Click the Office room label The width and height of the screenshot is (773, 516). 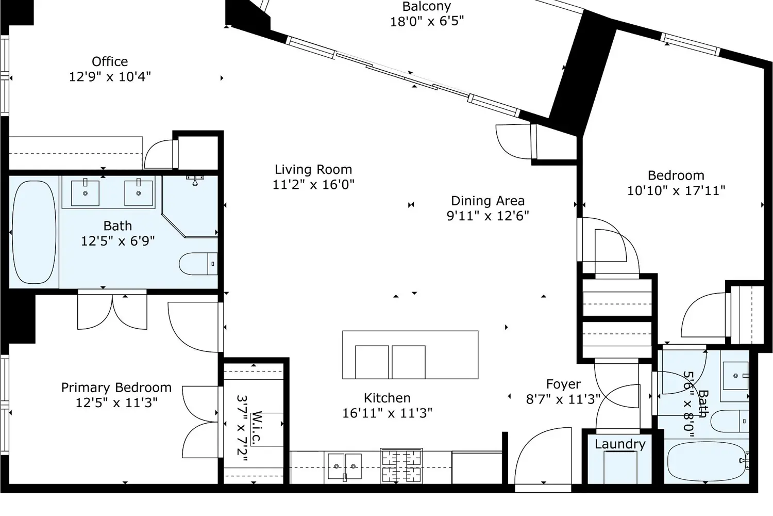(110, 62)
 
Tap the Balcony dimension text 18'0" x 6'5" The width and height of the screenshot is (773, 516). (427, 22)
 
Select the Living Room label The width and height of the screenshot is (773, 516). (313, 170)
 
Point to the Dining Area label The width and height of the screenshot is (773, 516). (488, 201)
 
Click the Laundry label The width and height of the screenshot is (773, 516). (619, 444)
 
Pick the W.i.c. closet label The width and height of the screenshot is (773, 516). (257, 427)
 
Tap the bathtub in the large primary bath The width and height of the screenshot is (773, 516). (33, 232)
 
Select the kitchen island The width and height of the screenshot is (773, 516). (410, 354)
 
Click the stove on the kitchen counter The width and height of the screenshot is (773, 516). (401, 465)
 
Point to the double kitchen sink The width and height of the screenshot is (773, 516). (345, 466)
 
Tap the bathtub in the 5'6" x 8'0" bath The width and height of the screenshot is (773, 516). (705, 461)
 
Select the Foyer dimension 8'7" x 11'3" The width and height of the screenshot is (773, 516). (563, 399)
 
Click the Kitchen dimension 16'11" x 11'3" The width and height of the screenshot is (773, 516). (387, 413)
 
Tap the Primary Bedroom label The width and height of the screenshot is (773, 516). (116, 388)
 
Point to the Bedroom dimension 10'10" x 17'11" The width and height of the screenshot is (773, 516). (676, 190)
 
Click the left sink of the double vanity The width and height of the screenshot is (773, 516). (85, 192)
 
